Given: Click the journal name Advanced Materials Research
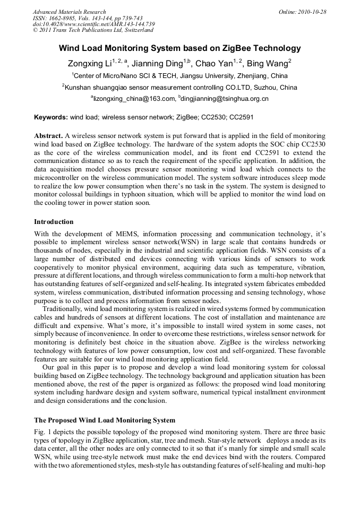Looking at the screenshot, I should point(69,12).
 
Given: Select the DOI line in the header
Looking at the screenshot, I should point(93,24).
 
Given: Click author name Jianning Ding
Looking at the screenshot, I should point(159,63).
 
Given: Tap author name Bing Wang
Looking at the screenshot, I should point(269,63).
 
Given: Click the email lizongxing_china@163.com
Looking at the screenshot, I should point(133,99).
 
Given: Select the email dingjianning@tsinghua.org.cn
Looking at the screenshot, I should point(225,99).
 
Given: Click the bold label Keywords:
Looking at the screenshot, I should point(51,116).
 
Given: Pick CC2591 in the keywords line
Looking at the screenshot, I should point(243,116).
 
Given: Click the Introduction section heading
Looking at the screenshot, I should point(54,221).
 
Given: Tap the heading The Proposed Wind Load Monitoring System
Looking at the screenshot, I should point(105,420).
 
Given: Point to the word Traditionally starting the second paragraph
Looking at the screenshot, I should point(62,308).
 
